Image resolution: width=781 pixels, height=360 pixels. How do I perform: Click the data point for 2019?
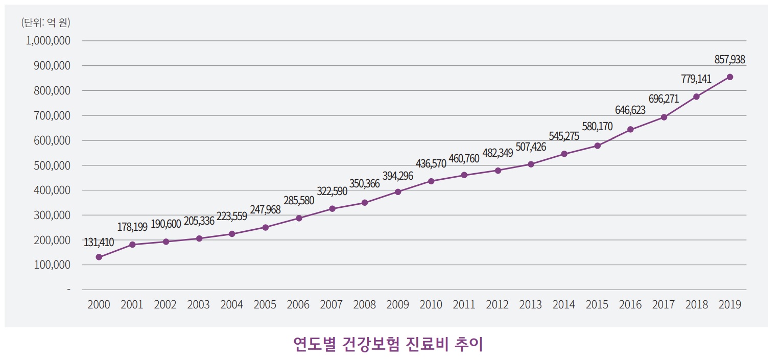pos(730,77)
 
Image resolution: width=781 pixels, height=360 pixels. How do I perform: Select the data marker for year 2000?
pos(99,257)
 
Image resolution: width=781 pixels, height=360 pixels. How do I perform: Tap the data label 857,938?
pos(729,60)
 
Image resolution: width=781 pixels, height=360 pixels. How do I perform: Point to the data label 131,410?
pos(99,242)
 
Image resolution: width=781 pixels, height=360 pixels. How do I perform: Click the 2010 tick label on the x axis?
pos(431,305)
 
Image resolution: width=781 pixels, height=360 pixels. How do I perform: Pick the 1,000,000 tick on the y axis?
pos(48,41)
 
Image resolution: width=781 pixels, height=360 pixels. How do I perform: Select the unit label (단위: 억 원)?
pos(45,22)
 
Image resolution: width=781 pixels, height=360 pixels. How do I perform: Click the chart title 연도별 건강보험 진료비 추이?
pos(388,344)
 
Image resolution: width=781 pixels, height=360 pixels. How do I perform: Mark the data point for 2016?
pos(630,129)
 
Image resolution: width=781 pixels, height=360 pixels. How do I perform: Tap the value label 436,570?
pos(431,163)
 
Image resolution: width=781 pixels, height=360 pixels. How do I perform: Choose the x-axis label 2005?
pos(265,305)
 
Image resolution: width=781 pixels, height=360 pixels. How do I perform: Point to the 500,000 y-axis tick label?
pos(51,165)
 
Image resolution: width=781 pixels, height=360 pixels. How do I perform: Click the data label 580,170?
pos(597,126)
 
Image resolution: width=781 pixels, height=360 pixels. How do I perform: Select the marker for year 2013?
pos(531,164)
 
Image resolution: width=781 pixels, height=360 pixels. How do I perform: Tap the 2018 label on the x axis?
pos(697,305)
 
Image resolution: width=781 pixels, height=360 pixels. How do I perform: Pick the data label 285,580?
pos(298,200)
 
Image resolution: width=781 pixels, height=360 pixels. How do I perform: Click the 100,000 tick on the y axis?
pos(51,265)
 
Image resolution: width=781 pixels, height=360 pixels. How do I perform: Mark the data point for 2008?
pos(365,203)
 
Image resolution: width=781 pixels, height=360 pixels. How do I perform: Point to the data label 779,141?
pos(696,79)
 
